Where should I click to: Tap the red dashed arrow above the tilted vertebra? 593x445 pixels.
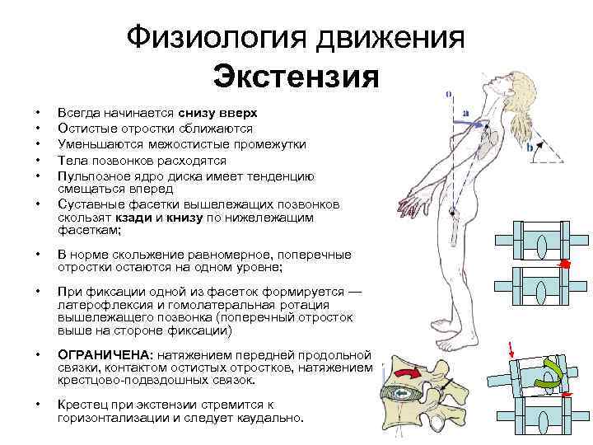click(512, 351)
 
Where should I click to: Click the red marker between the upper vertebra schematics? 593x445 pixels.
click(565, 264)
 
